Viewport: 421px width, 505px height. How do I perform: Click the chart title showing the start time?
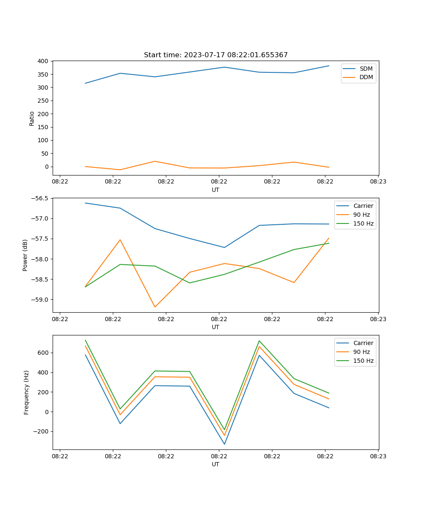click(216, 55)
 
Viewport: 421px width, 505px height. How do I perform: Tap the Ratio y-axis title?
click(32, 118)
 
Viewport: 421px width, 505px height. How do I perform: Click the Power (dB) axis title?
click(25, 255)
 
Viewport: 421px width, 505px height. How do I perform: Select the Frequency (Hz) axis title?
click(26, 392)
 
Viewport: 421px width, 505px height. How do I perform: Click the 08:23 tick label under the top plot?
click(378, 182)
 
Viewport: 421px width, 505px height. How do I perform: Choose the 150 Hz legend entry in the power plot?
click(363, 223)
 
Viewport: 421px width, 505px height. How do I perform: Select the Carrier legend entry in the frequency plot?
click(363, 343)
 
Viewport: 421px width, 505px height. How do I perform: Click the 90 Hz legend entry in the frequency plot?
click(362, 352)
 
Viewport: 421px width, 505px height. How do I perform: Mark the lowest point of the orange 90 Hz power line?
click(155, 307)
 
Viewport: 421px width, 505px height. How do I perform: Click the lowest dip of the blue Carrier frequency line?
click(224, 444)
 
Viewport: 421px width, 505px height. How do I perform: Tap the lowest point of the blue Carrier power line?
click(224, 247)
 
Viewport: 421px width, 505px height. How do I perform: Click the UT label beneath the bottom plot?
click(216, 464)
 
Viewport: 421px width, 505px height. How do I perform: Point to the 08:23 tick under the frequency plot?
click(378, 456)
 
